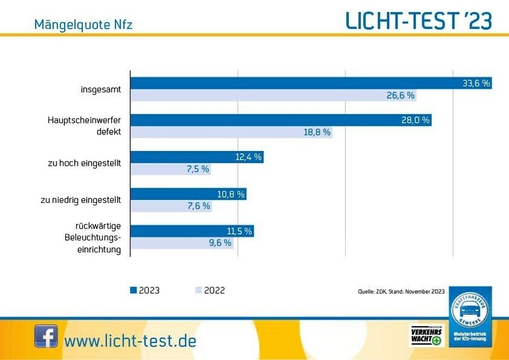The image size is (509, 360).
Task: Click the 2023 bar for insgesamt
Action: (295, 84)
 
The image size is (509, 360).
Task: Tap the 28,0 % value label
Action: (415, 121)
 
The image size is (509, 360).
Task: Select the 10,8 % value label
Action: (231, 194)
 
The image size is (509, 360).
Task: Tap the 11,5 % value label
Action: (239, 231)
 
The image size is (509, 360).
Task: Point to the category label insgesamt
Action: (101, 90)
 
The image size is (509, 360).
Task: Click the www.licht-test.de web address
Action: (130, 341)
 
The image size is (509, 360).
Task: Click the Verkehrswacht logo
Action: (426, 335)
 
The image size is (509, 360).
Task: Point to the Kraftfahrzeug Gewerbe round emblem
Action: (470, 312)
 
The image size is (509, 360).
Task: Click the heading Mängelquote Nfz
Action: (83, 25)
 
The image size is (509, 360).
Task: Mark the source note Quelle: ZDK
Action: (401, 292)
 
